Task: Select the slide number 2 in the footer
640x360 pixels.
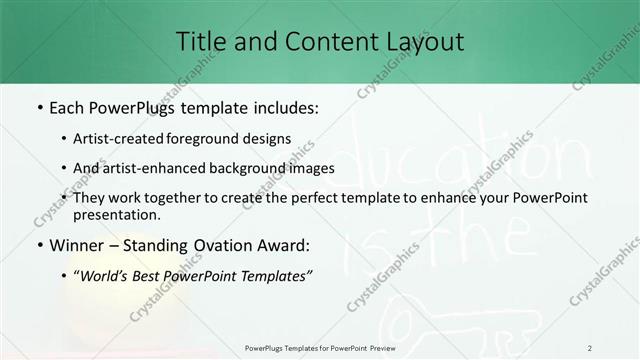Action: (590, 347)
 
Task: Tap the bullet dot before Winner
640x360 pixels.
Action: (38, 244)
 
